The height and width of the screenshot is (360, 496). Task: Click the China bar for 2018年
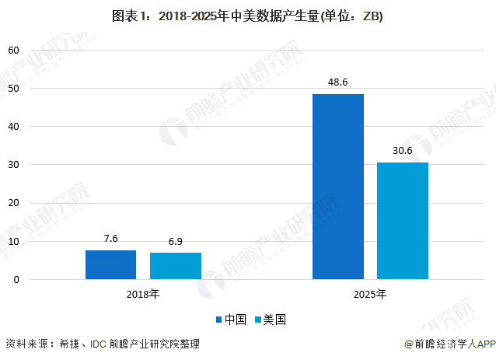(110, 264)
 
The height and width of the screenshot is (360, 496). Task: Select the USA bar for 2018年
(176, 266)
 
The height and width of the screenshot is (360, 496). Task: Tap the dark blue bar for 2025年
(338, 187)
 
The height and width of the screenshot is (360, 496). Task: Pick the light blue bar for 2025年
(403, 221)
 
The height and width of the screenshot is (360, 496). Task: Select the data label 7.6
(110, 239)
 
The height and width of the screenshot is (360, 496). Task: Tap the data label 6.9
(176, 242)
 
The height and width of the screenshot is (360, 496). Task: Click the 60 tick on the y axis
(13, 50)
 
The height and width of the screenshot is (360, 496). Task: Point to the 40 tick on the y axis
(13, 126)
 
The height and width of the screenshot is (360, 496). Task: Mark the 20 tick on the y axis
(13, 203)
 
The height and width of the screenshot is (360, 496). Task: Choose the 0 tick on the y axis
(16, 279)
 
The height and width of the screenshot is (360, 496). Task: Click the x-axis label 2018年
(143, 295)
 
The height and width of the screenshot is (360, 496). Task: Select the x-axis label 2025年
(370, 295)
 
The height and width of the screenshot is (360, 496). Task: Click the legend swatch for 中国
(219, 320)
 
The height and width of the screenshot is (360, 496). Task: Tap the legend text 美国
(275, 320)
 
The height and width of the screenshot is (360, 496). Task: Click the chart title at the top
(248, 16)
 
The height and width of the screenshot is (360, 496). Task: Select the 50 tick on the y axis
(13, 88)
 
